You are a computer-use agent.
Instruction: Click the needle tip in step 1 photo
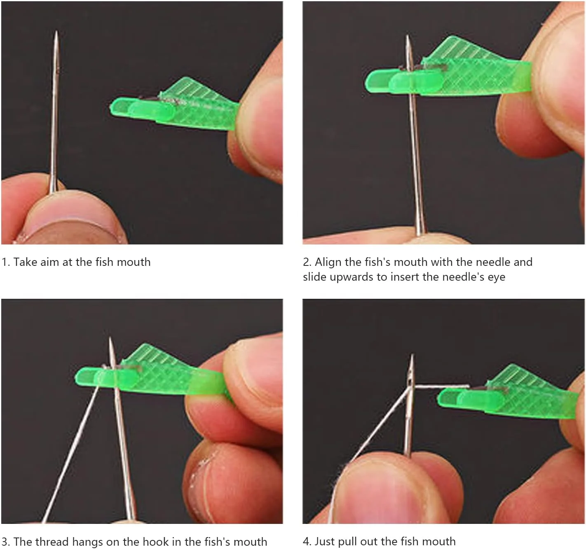click(x=56, y=31)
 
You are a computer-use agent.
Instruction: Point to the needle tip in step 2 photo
click(x=408, y=36)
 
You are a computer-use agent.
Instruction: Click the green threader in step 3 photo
click(x=149, y=372)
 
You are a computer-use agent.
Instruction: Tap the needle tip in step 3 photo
click(x=110, y=338)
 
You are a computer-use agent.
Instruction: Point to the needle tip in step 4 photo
click(x=412, y=355)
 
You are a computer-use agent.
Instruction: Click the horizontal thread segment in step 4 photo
click(x=442, y=386)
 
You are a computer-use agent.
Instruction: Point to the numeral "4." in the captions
click(x=307, y=542)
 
